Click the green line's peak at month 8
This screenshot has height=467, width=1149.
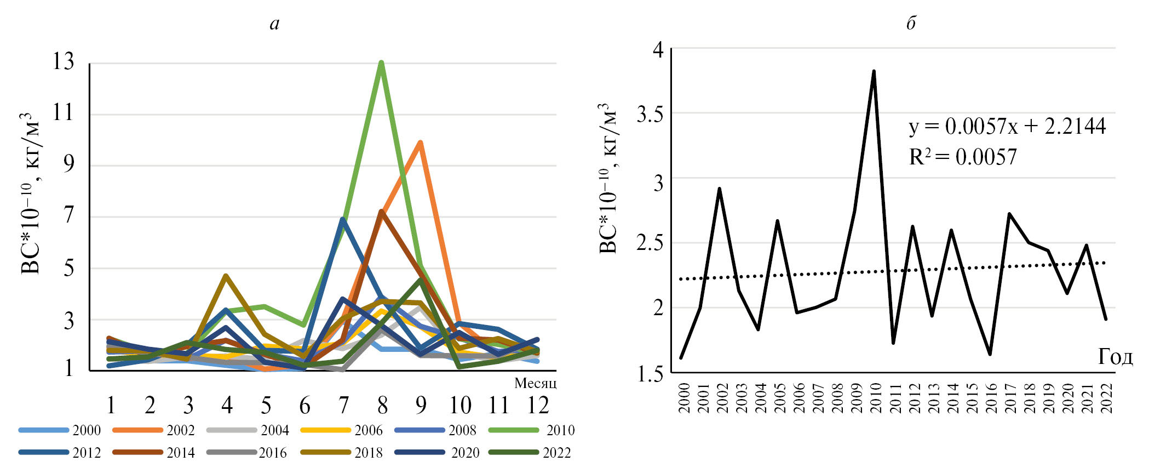pos(381,62)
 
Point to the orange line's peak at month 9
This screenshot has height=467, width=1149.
pos(420,143)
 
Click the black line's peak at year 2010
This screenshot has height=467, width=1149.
pos(874,71)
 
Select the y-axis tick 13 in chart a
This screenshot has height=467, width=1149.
pos(63,61)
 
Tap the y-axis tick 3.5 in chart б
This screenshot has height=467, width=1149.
pos(650,114)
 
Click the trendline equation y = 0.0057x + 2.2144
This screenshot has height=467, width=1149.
pos(1007,127)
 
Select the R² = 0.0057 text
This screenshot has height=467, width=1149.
pos(963,157)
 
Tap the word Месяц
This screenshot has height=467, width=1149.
pos(535,383)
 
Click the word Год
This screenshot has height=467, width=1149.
pos(1115,357)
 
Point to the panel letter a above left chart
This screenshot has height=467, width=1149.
pos(274,24)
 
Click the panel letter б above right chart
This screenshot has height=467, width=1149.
pos(911,23)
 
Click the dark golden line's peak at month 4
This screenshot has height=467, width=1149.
pos(226,276)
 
